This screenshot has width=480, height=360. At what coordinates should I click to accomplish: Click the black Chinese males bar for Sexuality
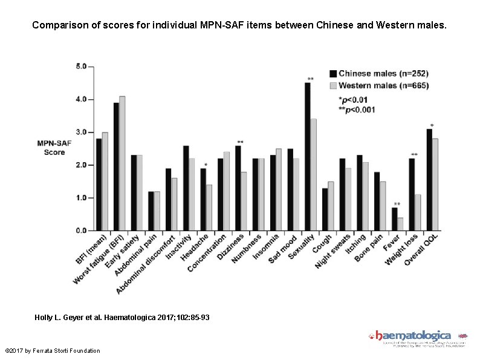click(307, 157)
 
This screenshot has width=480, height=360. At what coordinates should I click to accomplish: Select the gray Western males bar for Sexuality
click(313, 175)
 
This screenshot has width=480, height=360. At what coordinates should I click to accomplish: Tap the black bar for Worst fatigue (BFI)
click(116, 166)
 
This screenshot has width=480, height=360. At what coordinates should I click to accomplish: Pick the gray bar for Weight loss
click(418, 212)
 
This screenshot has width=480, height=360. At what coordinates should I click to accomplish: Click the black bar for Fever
click(394, 219)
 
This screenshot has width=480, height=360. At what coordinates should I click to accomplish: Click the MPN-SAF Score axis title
click(54, 148)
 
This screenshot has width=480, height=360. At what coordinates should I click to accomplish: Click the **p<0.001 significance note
click(357, 109)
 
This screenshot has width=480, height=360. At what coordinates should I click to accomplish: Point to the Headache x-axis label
click(195, 247)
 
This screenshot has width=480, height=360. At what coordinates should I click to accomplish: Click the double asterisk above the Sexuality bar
click(310, 79)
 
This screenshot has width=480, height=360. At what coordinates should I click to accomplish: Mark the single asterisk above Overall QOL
click(431, 126)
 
